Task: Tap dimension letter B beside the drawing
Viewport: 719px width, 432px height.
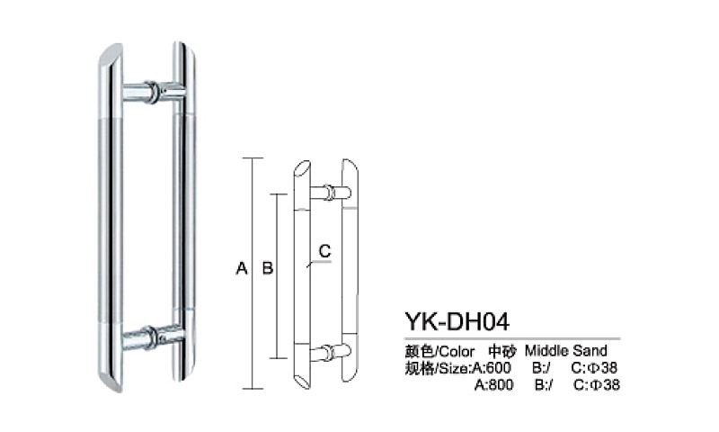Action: tap(267, 268)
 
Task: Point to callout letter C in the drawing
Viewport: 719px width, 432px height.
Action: tap(324, 249)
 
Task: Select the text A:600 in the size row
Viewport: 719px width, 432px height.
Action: tap(493, 367)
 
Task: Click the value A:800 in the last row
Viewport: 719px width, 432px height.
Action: tap(493, 384)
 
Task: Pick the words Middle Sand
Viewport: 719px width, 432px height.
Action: tap(566, 350)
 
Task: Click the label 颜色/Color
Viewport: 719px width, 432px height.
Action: tap(436, 350)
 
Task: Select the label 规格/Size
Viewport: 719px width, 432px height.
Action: tap(436, 367)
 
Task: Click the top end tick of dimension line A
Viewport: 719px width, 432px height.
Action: tap(253, 158)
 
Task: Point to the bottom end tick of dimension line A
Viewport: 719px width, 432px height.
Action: tap(253, 387)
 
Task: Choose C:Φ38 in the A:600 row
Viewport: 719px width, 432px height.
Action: tap(596, 367)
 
